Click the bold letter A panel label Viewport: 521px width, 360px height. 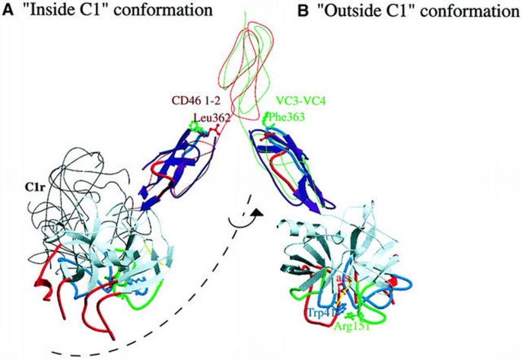tap(8, 10)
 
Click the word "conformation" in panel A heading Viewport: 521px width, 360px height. tap(155, 11)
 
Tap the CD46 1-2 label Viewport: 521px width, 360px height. tap(196, 100)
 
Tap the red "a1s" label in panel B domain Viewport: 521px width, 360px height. tap(345, 283)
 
